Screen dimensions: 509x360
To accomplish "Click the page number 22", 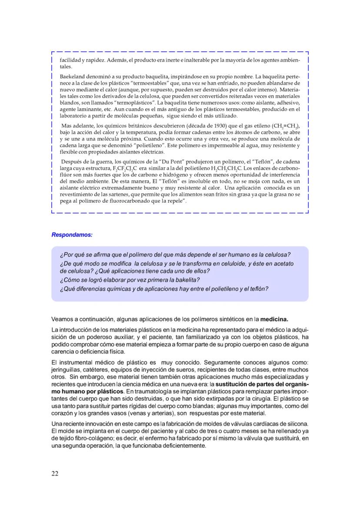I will point(55,473).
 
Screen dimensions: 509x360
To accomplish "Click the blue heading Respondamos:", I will point(72,235).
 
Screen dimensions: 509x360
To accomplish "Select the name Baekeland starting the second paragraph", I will point(71,76).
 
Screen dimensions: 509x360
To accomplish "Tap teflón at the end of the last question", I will point(258,288).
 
